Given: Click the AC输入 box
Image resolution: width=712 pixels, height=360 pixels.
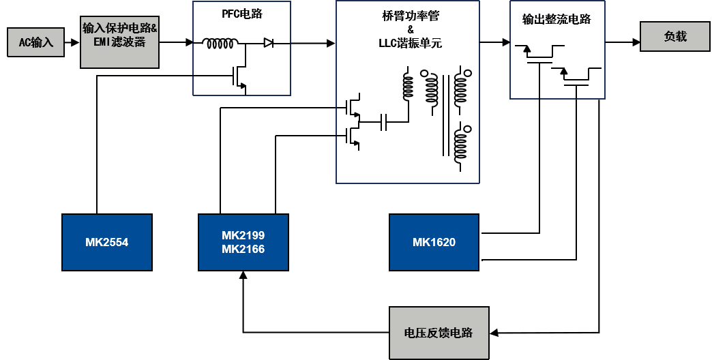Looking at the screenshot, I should (x=35, y=42).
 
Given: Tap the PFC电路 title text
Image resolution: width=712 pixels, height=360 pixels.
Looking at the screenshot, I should (x=241, y=14).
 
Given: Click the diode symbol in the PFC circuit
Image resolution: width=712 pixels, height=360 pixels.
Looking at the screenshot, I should (x=269, y=44).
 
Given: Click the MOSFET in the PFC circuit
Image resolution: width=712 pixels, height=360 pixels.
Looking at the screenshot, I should (x=238, y=77).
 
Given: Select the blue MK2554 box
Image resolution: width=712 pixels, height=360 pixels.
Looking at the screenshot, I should (x=106, y=242).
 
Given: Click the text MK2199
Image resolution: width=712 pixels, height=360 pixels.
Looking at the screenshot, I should (x=243, y=235).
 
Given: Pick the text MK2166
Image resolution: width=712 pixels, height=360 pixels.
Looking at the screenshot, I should (x=243, y=250).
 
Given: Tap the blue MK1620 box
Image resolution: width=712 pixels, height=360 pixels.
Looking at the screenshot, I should (x=434, y=242).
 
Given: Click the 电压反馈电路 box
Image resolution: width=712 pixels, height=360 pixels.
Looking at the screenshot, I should (x=439, y=333).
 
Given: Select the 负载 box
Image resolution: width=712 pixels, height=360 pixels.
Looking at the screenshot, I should (x=674, y=36).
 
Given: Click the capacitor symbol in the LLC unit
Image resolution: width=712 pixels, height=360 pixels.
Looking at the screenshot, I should (x=384, y=123).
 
